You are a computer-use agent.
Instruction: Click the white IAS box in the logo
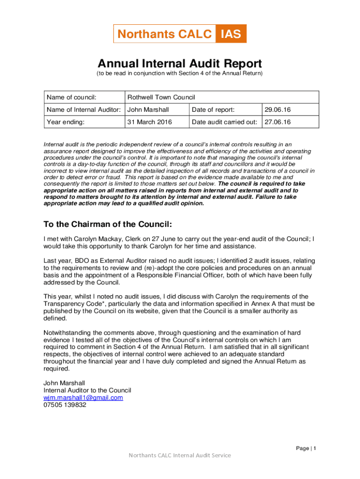click(x=231, y=34)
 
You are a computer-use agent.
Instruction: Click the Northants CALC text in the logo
click(x=164, y=34)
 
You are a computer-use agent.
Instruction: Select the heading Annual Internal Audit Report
click(x=180, y=64)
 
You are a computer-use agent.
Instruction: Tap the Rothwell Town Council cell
click(x=161, y=97)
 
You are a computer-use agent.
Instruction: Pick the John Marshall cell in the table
click(x=148, y=109)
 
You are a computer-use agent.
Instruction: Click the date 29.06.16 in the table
click(x=278, y=109)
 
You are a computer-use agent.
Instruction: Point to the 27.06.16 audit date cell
click(x=278, y=122)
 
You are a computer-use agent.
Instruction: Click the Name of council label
click(x=72, y=97)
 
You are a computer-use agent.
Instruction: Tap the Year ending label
click(x=65, y=122)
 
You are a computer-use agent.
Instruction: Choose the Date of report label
click(x=213, y=109)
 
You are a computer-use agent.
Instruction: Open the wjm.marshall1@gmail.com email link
click(x=83, y=398)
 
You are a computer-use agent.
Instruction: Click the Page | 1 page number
click(x=306, y=449)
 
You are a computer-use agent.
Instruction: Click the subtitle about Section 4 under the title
click(x=180, y=74)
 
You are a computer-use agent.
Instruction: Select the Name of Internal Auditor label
click(x=84, y=109)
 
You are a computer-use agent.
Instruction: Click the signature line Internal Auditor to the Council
click(x=87, y=390)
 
